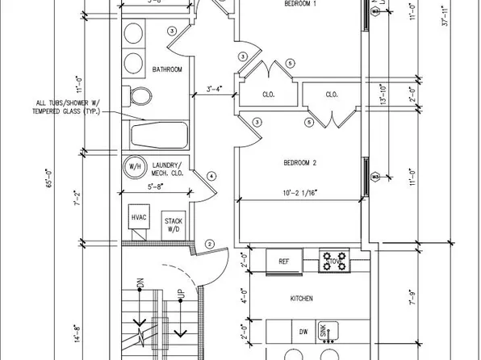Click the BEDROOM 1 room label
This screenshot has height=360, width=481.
pos(300,5)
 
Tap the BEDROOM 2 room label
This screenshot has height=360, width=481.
pos(299,164)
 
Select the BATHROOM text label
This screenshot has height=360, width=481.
pos(167,70)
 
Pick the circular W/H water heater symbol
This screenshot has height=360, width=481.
pos(132,167)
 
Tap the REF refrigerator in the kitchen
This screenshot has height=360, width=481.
pos(283,262)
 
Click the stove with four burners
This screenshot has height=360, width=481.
pos(335,261)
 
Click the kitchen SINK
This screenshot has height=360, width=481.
pos(333,330)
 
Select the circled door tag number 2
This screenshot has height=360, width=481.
pos(209,245)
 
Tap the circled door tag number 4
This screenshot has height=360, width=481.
pos(211,176)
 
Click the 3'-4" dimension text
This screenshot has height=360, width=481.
pos(215,90)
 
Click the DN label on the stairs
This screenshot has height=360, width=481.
pos(140,284)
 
